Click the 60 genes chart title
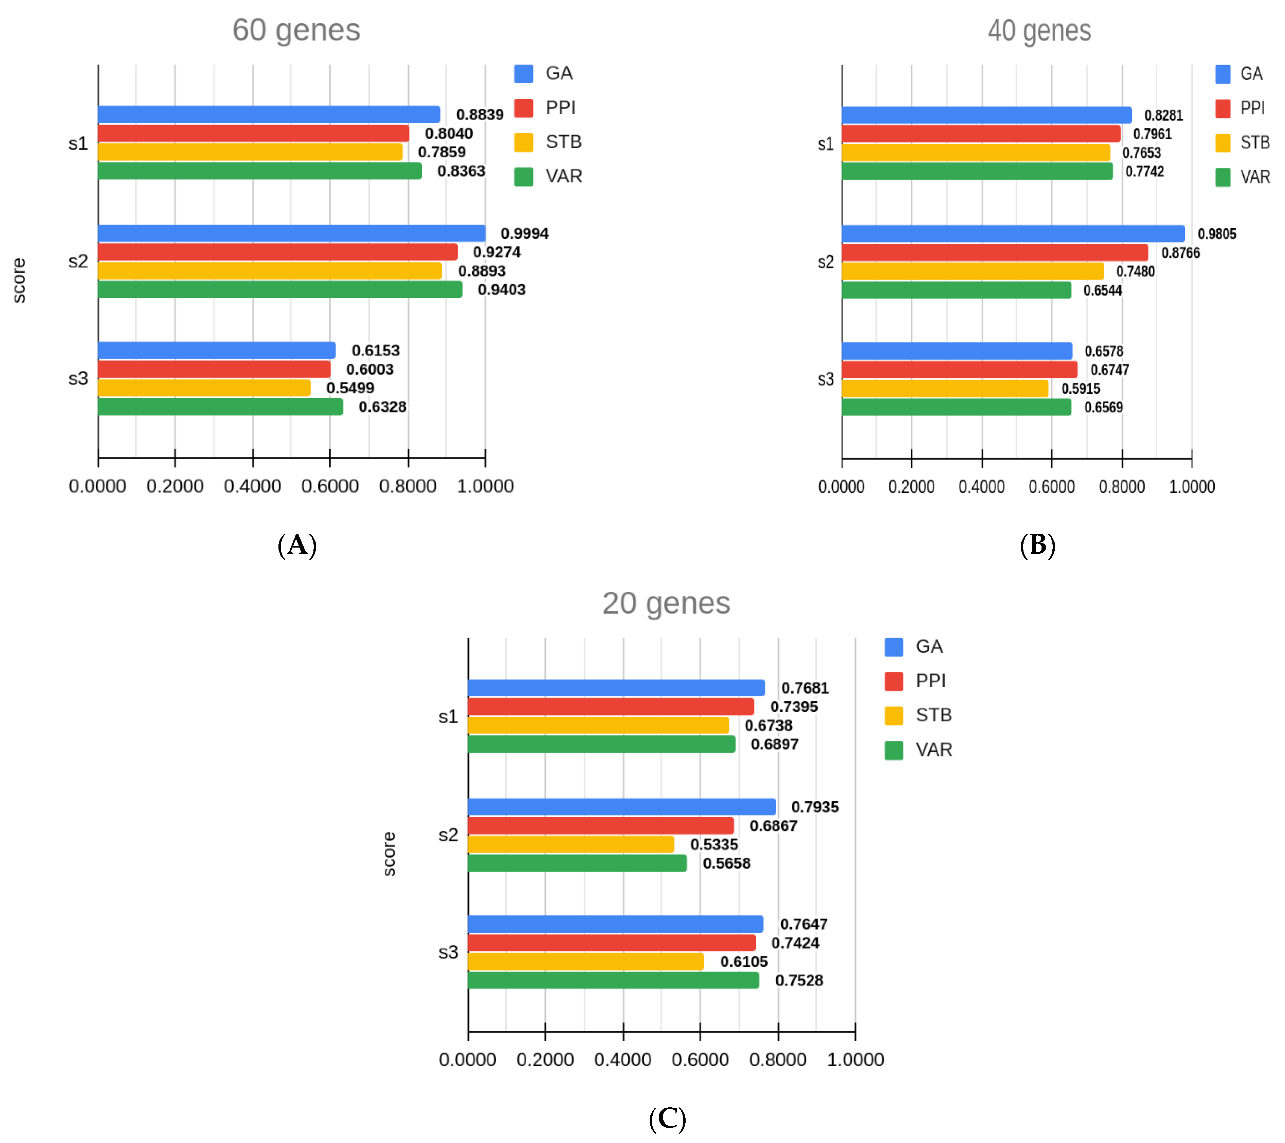click(x=296, y=30)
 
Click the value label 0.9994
click(x=524, y=234)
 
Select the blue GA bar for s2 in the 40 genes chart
click(x=1012, y=234)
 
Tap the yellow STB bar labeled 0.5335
click(x=571, y=844)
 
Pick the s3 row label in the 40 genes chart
click(x=826, y=379)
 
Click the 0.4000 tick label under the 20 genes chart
click(x=622, y=1060)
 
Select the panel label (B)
click(x=1037, y=545)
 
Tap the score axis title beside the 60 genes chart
click(x=19, y=281)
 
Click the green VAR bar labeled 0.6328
click(x=220, y=407)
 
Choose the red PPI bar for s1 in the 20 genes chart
click(x=611, y=707)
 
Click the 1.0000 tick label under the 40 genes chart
click(x=1191, y=487)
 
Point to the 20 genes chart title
click(x=666, y=604)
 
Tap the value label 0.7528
click(x=799, y=981)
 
